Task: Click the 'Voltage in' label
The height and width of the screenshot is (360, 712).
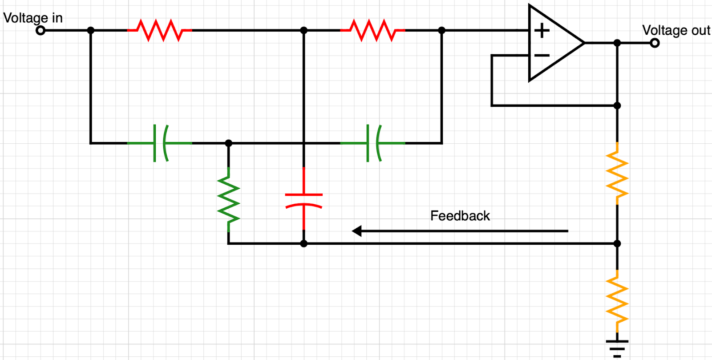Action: point(33,18)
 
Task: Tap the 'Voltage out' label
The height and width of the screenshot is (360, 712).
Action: point(676,30)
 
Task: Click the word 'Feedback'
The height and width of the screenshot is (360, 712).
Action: point(460,216)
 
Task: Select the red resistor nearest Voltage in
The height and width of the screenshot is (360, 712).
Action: point(159,30)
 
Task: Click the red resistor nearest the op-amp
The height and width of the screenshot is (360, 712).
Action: point(372,30)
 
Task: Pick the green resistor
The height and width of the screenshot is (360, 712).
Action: point(228,199)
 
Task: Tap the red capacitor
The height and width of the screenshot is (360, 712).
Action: point(303,200)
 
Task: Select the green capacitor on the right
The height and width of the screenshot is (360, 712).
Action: point(373,143)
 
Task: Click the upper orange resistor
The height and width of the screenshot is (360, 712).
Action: point(617,174)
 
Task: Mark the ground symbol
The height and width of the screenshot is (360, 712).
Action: point(617,348)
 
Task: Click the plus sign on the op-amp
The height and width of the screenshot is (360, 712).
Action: point(542,31)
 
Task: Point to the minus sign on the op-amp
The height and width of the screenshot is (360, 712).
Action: point(542,56)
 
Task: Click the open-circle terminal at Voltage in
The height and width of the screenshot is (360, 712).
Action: point(40,30)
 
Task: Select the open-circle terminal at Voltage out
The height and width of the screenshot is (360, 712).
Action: point(655,43)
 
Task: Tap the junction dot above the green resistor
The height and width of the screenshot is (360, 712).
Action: point(228,143)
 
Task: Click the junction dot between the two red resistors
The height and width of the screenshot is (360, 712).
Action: point(303,30)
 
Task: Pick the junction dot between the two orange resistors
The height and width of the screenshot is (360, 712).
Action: point(617,243)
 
